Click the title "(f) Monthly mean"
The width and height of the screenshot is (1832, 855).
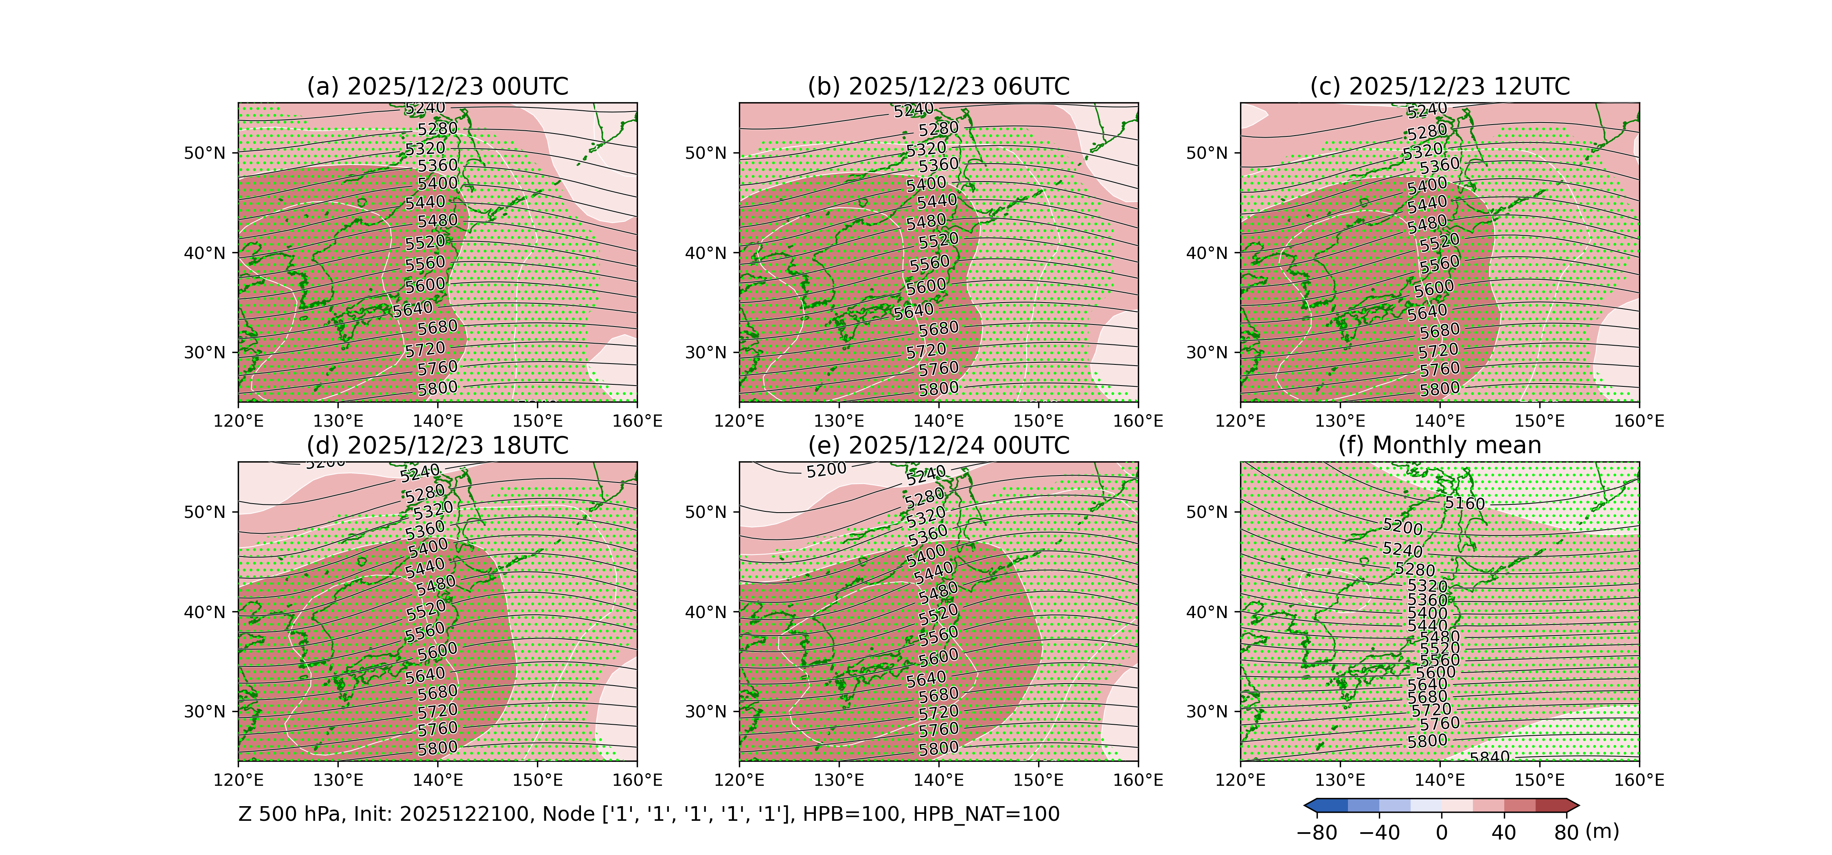[x=1440, y=445]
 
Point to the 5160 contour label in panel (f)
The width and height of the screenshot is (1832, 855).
[x=1464, y=504]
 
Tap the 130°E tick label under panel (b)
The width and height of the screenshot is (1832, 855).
[x=839, y=421]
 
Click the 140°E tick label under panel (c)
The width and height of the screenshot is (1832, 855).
[x=1440, y=421]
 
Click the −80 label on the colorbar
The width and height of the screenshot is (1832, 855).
[x=1317, y=832]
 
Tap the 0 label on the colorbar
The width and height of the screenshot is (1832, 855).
[x=1442, y=832]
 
